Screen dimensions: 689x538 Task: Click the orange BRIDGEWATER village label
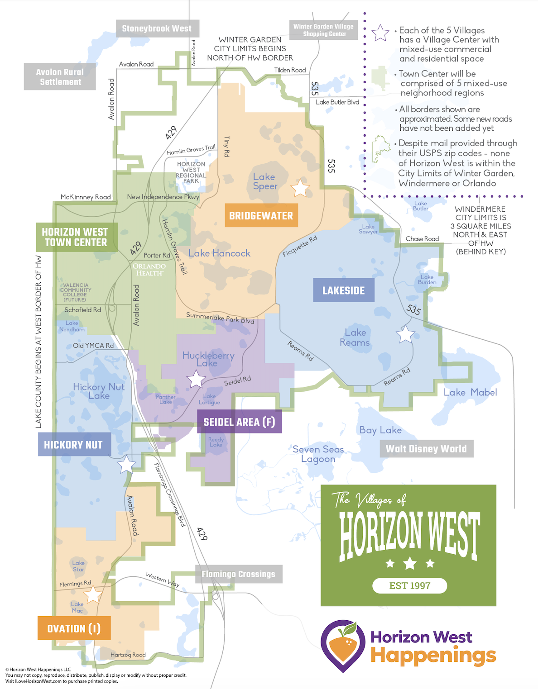(x=261, y=215)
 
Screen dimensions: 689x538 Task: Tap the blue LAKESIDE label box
(x=344, y=290)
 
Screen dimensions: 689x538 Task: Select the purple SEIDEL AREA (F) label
(x=239, y=422)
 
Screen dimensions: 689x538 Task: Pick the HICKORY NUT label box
(x=73, y=445)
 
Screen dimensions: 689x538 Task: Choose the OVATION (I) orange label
(x=74, y=628)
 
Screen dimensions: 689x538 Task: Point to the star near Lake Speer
(x=300, y=188)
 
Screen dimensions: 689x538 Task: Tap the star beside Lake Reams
(x=405, y=334)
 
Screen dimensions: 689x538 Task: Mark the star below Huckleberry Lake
(x=196, y=380)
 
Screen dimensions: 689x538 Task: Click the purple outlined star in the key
(x=380, y=33)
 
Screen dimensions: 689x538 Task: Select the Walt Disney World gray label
(x=426, y=449)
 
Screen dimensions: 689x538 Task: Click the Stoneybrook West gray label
(x=157, y=29)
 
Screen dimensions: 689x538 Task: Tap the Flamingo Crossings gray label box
(x=239, y=574)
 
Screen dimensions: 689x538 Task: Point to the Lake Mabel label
(x=470, y=392)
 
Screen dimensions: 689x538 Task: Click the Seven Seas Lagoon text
(x=318, y=454)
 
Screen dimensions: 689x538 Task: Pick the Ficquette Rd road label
(x=300, y=246)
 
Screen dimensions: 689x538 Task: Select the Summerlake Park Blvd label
(x=220, y=318)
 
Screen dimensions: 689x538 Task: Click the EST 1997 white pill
(x=410, y=585)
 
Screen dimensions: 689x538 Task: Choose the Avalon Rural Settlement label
(x=60, y=77)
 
